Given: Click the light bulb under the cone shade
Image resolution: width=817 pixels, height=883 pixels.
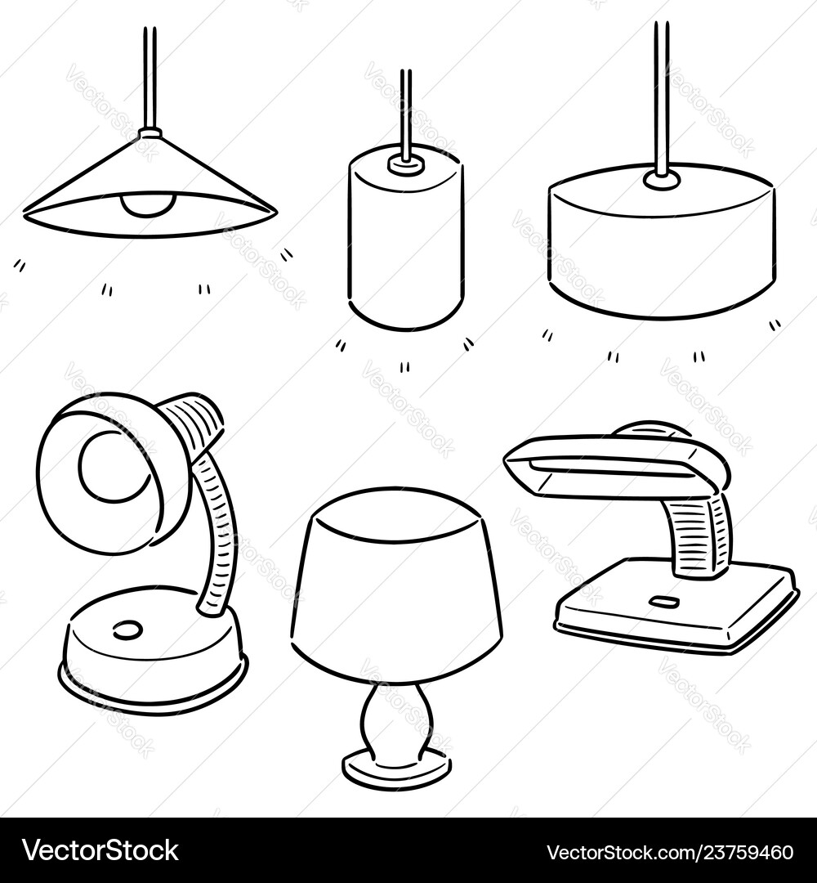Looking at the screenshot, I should (x=147, y=205).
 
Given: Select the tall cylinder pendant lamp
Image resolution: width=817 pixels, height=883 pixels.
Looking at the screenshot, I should (x=405, y=245).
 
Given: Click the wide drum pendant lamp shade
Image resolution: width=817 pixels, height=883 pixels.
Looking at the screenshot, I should (x=662, y=245).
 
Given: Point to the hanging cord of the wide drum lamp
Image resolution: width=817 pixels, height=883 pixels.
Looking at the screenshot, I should (x=661, y=90).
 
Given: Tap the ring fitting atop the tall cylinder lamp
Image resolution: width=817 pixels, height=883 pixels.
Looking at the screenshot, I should (x=405, y=164).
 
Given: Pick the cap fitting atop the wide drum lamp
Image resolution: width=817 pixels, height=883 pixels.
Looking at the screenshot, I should (x=661, y=179).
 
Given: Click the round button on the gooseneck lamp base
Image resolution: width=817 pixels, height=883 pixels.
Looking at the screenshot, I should (x=127, y=630).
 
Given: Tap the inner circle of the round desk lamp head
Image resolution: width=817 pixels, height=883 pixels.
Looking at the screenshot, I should (x=114, y=466).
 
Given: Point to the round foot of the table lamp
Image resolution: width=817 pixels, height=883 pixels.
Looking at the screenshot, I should (x=396, y=769).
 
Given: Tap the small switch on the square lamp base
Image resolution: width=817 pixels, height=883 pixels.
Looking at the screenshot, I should (x=663, y=603).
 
